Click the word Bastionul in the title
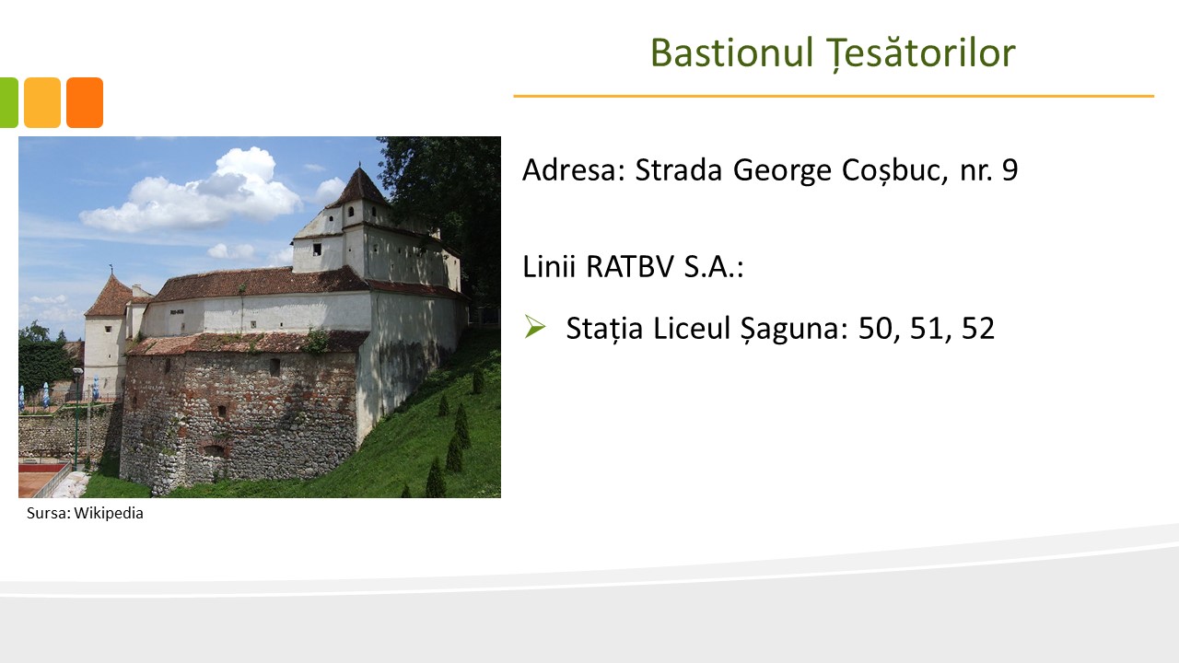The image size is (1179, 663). (731, 52)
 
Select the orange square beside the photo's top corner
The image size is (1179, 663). (85, 102)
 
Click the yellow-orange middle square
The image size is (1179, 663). (42, 102)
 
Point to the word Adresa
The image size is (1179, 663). (574, 170)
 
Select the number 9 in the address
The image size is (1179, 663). (1010, 170)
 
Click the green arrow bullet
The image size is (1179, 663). (535, 327)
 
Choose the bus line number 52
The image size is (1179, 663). (978, 329)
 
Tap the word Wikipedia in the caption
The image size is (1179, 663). (109, 513)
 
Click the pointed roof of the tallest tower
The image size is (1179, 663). (360, 190)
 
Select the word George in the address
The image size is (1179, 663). (784, 171)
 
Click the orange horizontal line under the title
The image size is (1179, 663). (834, 97)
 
